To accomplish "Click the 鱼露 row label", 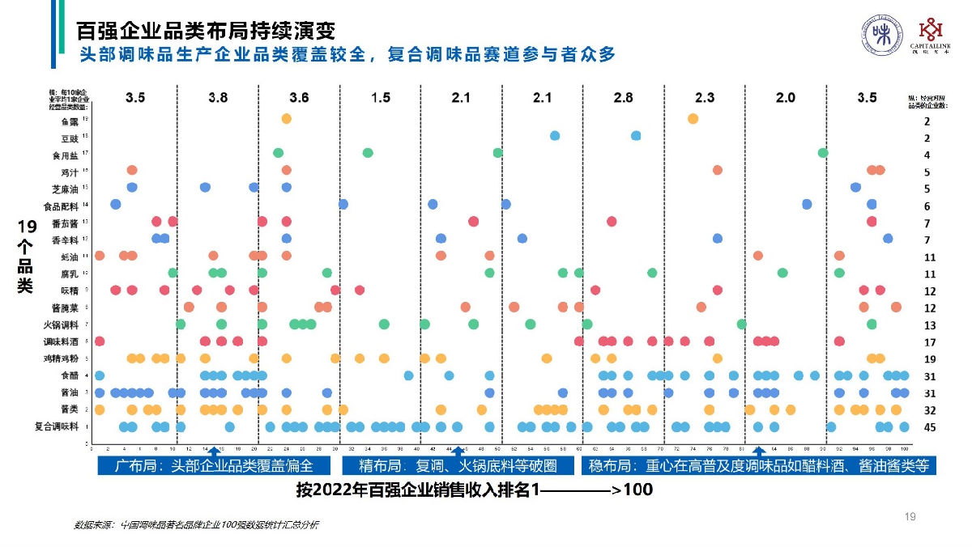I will [x=70, y=121].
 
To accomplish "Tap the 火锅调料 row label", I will [x=66, y=324].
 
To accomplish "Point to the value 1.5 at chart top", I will [x=380, y=98].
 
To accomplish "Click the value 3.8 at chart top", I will [x=218, y=98].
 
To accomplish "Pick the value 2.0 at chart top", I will [x=785, y=98].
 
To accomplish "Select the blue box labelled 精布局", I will [x=460, y=465].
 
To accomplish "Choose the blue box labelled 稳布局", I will [x=758, y=465].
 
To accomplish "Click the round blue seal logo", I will [x=880, y=36].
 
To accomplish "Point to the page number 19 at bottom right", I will [x=909, y=515].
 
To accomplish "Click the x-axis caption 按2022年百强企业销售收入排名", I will [x=474, y=490].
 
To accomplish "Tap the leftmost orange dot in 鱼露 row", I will [x=286, y=119].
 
